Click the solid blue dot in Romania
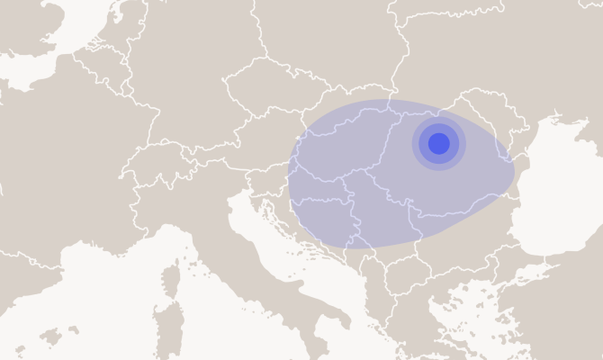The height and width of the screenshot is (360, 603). [x=438, y=143]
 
